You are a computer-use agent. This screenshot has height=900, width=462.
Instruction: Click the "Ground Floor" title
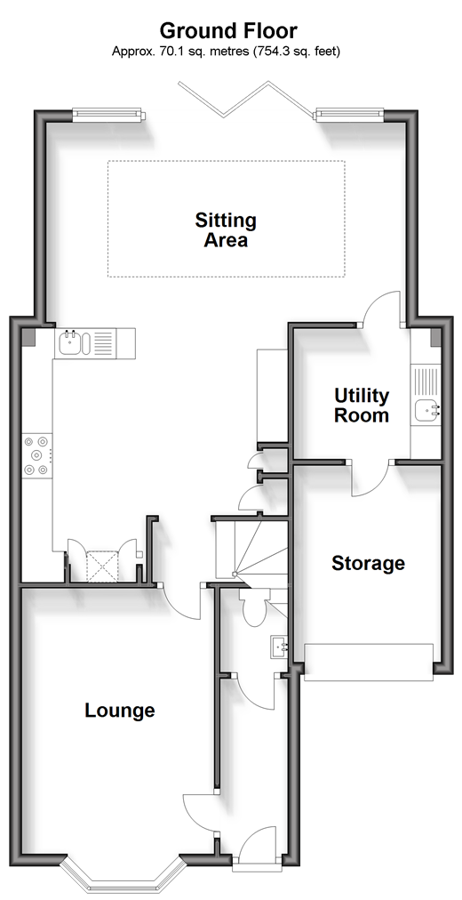(228, 30)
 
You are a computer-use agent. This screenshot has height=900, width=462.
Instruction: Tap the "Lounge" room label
(120, 711)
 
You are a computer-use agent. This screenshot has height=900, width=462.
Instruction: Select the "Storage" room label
(368, 563)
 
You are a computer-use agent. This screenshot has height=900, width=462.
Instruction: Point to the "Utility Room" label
(362, 406)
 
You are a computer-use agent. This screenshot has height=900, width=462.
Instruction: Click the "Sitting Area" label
(226, 229)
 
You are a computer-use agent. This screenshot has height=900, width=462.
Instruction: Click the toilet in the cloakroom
(253, 607)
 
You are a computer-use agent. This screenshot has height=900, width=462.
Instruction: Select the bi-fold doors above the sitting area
(246, 99)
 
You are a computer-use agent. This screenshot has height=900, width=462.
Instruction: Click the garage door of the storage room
(369, 663)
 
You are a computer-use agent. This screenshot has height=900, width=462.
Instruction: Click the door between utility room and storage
(370, 478)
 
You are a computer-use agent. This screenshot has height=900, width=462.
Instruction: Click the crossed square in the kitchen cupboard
(102, 567)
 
